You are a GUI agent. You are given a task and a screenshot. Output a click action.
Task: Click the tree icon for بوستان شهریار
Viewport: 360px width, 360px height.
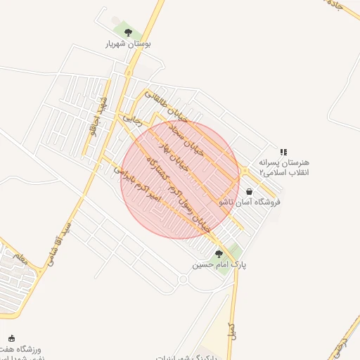point(127,31)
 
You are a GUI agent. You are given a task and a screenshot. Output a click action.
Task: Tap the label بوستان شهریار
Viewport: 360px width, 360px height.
point(128,44)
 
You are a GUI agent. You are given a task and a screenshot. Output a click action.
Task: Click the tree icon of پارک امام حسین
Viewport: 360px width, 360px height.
point(219,254)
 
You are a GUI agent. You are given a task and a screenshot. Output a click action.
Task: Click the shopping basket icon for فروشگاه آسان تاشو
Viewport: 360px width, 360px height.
point(250,191)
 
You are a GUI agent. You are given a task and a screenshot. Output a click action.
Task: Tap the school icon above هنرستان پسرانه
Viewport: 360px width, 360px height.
point(283,151)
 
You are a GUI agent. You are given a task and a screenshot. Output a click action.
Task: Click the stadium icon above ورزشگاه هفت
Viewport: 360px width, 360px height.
point(11,337)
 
